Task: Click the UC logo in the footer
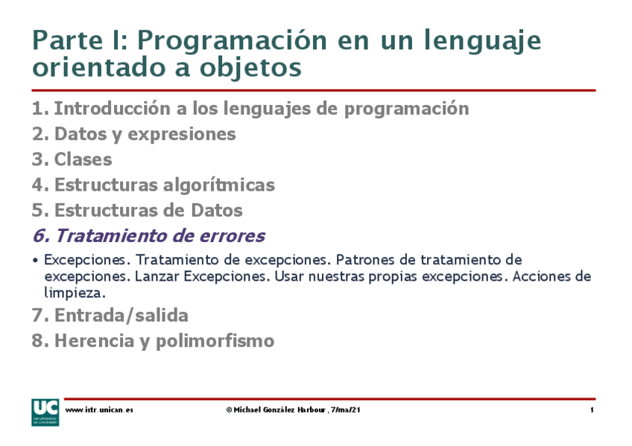[44, 412]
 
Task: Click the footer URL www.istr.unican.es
[99, 410]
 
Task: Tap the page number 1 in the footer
[592, 410]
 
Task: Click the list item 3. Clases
[72, 159]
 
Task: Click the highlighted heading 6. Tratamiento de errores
[148, 236]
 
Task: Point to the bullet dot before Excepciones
[36, 261]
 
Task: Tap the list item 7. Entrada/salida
[110, 315]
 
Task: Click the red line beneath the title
[313, 90]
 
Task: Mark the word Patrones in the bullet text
[364, 260]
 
